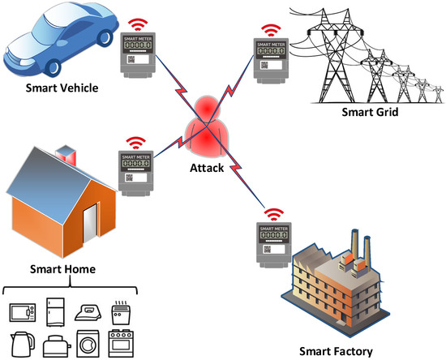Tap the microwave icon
22,312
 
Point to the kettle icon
22,344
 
